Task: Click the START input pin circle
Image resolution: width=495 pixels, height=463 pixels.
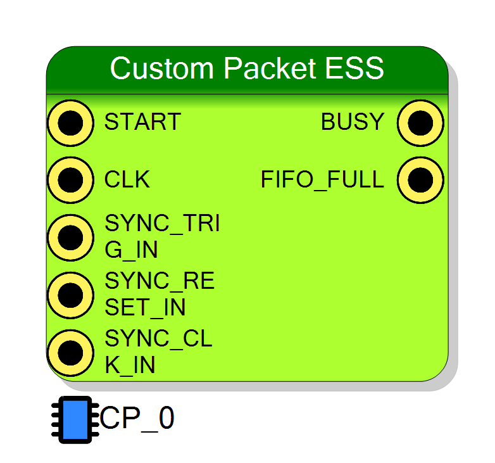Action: point(70,123)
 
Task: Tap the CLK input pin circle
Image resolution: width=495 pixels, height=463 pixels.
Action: point(70,180)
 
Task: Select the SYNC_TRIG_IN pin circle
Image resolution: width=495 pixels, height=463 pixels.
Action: point(70,238)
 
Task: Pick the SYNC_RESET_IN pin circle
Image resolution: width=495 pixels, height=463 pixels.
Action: point(70,295)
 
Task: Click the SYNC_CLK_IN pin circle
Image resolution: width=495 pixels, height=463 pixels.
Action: point(70,353)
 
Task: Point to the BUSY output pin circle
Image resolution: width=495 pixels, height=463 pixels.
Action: point(420,123)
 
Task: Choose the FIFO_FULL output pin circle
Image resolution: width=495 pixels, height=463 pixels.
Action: point(420,180)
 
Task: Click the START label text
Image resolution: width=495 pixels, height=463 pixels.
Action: point(142,122)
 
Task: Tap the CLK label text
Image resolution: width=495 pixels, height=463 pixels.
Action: point(127,179)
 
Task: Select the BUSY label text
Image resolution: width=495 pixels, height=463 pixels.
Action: point(353,122)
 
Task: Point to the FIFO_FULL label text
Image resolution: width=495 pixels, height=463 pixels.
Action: point(322,180)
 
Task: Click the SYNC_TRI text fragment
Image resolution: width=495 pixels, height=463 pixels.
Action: point(162,224)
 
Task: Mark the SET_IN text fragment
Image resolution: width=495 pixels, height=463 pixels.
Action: point(145,308)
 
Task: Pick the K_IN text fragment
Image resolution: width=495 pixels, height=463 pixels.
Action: point(130,365)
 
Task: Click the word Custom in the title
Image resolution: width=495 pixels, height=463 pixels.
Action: point(162,68)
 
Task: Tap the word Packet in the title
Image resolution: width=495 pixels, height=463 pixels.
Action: point(270,68)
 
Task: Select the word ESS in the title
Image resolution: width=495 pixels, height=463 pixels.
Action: point(354,68)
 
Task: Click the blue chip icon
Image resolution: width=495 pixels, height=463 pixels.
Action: point(75,420)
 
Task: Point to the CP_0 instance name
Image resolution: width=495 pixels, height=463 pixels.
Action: point(137,419)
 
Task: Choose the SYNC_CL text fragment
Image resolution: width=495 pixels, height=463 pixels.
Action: point(158,339)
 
